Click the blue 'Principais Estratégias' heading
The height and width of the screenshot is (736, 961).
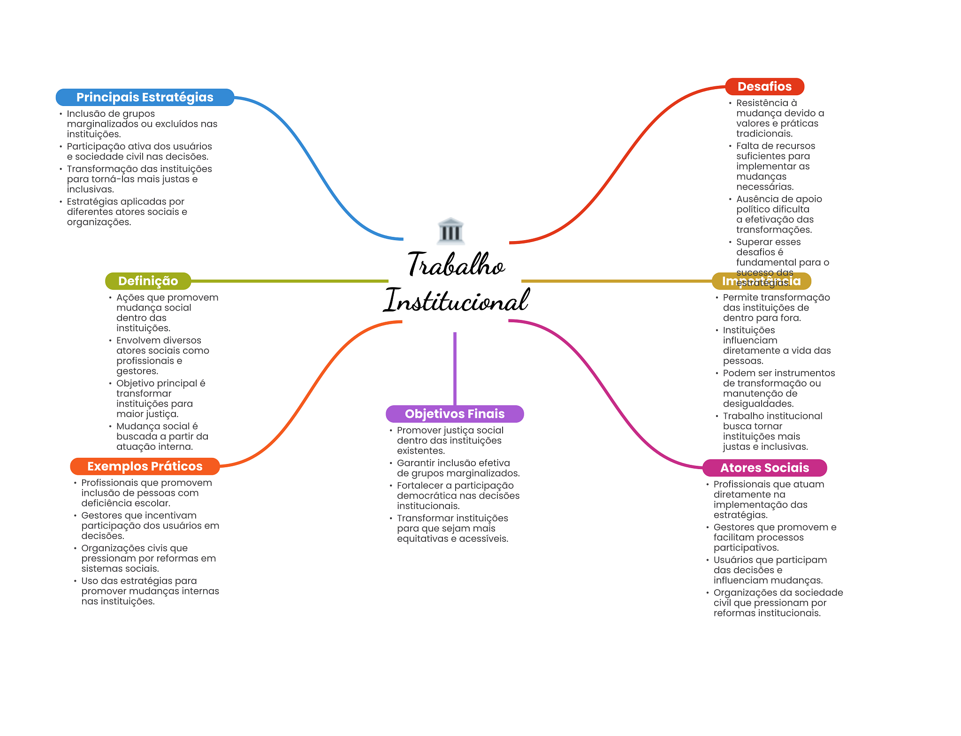pos(145,97)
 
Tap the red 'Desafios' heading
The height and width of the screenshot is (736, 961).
pos(764,87)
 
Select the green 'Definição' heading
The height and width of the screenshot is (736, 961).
pos(148,281)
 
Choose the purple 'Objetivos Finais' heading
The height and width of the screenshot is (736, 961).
pos(455,414)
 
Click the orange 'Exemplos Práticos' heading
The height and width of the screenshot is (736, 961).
pos(145,466)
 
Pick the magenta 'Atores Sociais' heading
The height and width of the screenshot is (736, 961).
pos(764,468)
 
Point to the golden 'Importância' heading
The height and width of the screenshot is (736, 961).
pos(761,281)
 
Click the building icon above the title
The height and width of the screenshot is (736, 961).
pos(451,231)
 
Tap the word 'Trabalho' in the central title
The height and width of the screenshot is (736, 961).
pos(456,264)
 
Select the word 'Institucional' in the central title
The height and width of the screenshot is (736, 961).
pos(457,300)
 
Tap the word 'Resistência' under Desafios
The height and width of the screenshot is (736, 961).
pos(763,103)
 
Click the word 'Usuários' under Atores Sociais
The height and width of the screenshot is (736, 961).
pos(733,560)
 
